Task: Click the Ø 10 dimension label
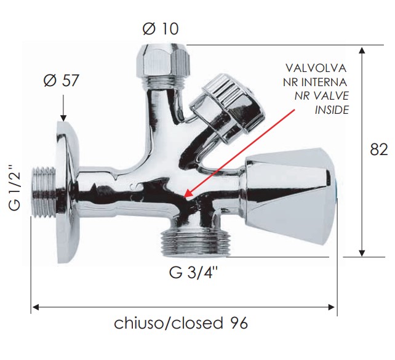[x=161, y=28]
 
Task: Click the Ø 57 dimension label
[x=61, y=81]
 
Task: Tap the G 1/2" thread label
[x=14, y=188]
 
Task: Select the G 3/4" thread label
[x=193, y=273]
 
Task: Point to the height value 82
[x=378, y=150]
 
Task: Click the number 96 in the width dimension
[x=239, y=323]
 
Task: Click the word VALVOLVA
[x=316, y=68]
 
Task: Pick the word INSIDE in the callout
[x=332, y=110]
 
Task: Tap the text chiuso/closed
[x=169, y=323]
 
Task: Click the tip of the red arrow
[x=185, y=197]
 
